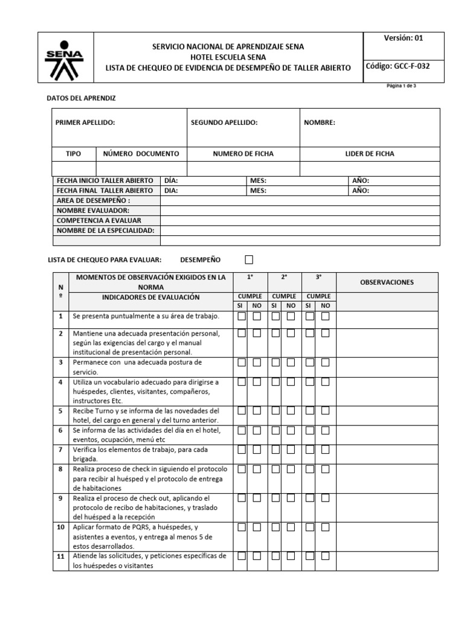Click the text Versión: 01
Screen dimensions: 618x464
point(404,37)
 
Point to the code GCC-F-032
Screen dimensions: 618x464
point(398,66)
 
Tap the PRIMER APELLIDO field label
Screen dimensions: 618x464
point(85,123)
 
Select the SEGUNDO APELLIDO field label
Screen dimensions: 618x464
point(224,123)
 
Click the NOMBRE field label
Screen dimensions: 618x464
point(320,123)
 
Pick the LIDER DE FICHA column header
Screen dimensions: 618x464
point(370,154)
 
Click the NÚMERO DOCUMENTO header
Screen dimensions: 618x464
point(141,154)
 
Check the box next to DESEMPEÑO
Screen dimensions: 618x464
point(250,260)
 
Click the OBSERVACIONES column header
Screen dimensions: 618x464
point(387,282)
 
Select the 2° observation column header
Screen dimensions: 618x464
point(284,277)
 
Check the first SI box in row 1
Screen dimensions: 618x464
point(242,316)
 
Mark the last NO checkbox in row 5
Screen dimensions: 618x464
point(326,410)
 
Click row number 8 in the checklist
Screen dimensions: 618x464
point(60,469)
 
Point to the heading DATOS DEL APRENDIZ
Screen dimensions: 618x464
point(81,98)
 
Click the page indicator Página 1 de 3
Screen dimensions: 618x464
point(401,86)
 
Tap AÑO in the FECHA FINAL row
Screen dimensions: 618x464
point(360,190)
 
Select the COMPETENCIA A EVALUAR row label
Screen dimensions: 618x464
point(98,220)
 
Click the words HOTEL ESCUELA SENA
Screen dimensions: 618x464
point(227,57)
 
